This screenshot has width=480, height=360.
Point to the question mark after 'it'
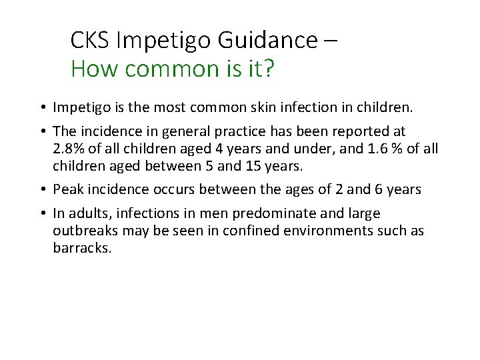coord(268,68)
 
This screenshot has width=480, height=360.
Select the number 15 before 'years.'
coord(263,165)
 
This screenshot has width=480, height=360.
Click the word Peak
coord(68,189)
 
